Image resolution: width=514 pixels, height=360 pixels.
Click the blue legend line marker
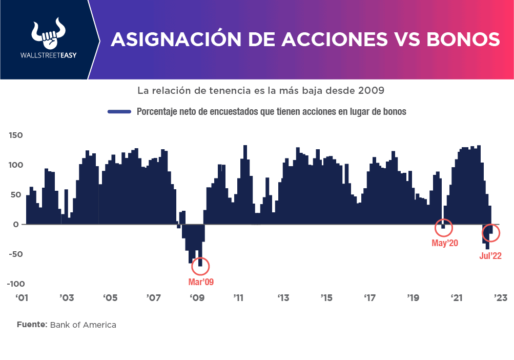120,111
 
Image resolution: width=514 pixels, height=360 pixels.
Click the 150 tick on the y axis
15,135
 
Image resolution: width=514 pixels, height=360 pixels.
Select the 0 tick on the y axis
16,225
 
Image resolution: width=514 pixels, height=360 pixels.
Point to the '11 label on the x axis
238,297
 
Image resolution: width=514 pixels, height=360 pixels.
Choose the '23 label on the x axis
500,297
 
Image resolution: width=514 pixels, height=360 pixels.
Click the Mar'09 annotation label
201,282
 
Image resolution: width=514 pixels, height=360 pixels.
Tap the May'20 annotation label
445,243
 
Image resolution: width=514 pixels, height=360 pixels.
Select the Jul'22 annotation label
490,256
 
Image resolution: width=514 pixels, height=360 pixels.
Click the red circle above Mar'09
200,266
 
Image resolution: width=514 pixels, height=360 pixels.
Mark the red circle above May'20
444,227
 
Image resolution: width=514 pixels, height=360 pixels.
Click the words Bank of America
83,325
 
